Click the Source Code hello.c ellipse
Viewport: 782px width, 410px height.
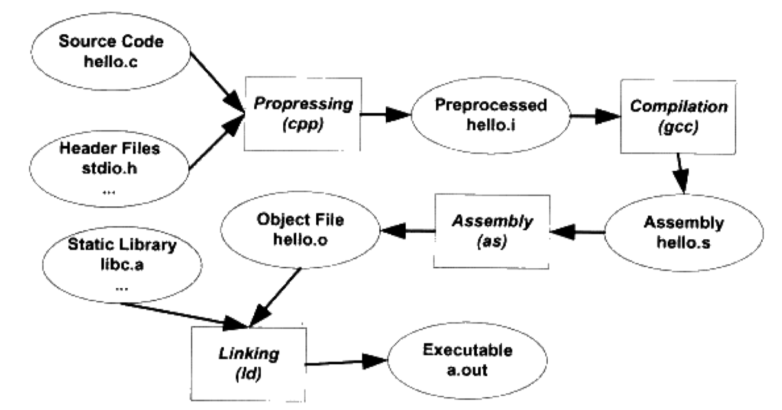pos(111,52)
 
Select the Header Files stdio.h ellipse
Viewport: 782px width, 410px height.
pos(109,169)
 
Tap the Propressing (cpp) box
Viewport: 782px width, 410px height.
pos(303,114)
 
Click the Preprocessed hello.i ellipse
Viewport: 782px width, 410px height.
pos(490,115)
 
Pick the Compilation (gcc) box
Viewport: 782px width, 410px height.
pos(678,117)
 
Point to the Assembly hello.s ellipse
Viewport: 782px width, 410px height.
pos(683,233)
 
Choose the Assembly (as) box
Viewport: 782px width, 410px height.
pos(492,231)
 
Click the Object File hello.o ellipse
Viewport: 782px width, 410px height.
pos(300,229)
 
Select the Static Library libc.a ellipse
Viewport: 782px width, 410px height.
pos(122,264)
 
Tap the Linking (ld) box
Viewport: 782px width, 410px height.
pos(248,364)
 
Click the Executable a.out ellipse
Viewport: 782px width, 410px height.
pos(467,360)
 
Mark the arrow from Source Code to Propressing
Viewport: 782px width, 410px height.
pos(217,83)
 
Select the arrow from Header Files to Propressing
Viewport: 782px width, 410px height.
pos(216,142)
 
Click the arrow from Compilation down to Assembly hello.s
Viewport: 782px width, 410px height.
pos(681,173)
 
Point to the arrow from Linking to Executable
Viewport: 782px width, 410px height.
pos(346,362)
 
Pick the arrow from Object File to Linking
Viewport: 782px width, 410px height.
pos(275,298)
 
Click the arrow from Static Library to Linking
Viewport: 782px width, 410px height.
pos(184,316)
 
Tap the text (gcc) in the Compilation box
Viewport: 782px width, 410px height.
pos(678,127)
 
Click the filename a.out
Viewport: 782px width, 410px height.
pos(467,370)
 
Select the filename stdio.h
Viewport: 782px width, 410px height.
pos(109,168)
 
